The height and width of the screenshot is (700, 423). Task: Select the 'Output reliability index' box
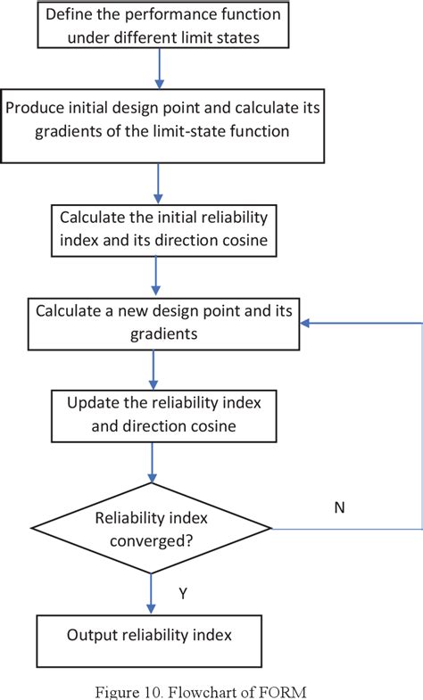coord(149,636)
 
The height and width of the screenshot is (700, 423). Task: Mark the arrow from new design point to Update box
coord(153,367)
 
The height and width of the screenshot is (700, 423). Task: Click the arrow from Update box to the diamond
coord(153,462)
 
